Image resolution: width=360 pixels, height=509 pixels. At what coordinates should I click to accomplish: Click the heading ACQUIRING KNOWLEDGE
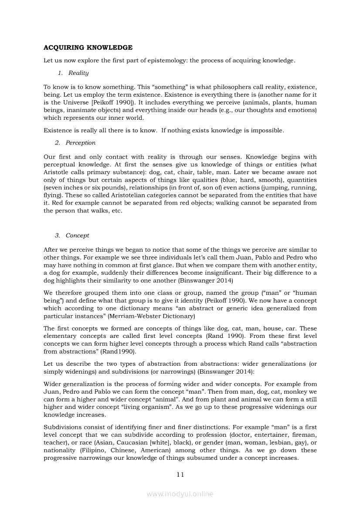click(88, 47)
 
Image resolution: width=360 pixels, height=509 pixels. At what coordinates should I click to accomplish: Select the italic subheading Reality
click(78, 73)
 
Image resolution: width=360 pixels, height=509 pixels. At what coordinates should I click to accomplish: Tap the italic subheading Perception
click(81, 142)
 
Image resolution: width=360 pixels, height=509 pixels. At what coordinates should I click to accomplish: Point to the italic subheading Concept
click(78, 235)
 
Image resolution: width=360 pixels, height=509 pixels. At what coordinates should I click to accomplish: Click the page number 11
click(180, 474)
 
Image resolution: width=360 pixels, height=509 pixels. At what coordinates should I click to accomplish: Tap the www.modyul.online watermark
click(180, 494)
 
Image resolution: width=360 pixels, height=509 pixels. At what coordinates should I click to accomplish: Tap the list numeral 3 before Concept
click(57, 235)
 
